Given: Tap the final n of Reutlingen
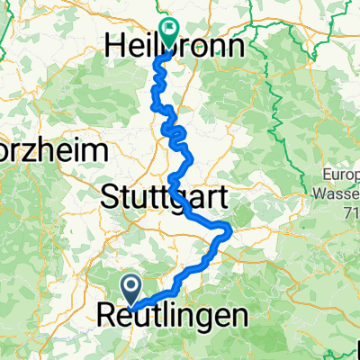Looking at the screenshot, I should pos(239,317).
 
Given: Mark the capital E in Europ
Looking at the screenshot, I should pos(328,176).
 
